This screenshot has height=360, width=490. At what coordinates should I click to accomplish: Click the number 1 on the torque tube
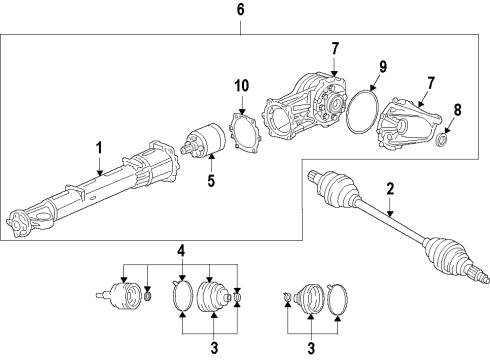(99, 149)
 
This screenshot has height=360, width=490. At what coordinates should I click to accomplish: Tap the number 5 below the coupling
(209, 181)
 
